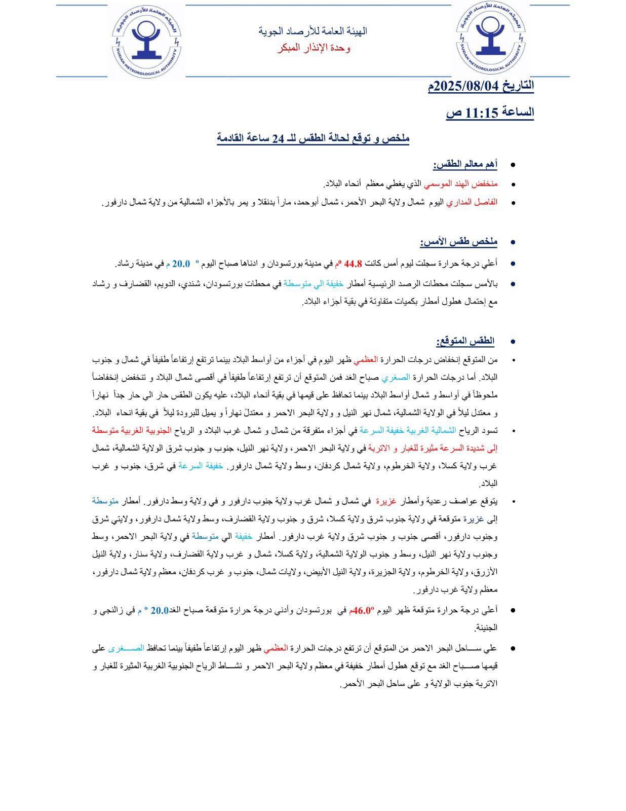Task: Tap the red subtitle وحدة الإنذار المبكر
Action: coord(314,48)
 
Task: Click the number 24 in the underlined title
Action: coord(278,138)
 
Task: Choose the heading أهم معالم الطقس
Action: coord(464,164)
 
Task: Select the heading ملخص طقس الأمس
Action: coord(458,242)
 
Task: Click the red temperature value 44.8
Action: coord(353,264)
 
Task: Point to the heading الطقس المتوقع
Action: coord(465,340)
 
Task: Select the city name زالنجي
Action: coord(112,610)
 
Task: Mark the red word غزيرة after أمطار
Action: coord(385,501)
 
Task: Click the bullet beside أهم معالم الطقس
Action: coord(513,165)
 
